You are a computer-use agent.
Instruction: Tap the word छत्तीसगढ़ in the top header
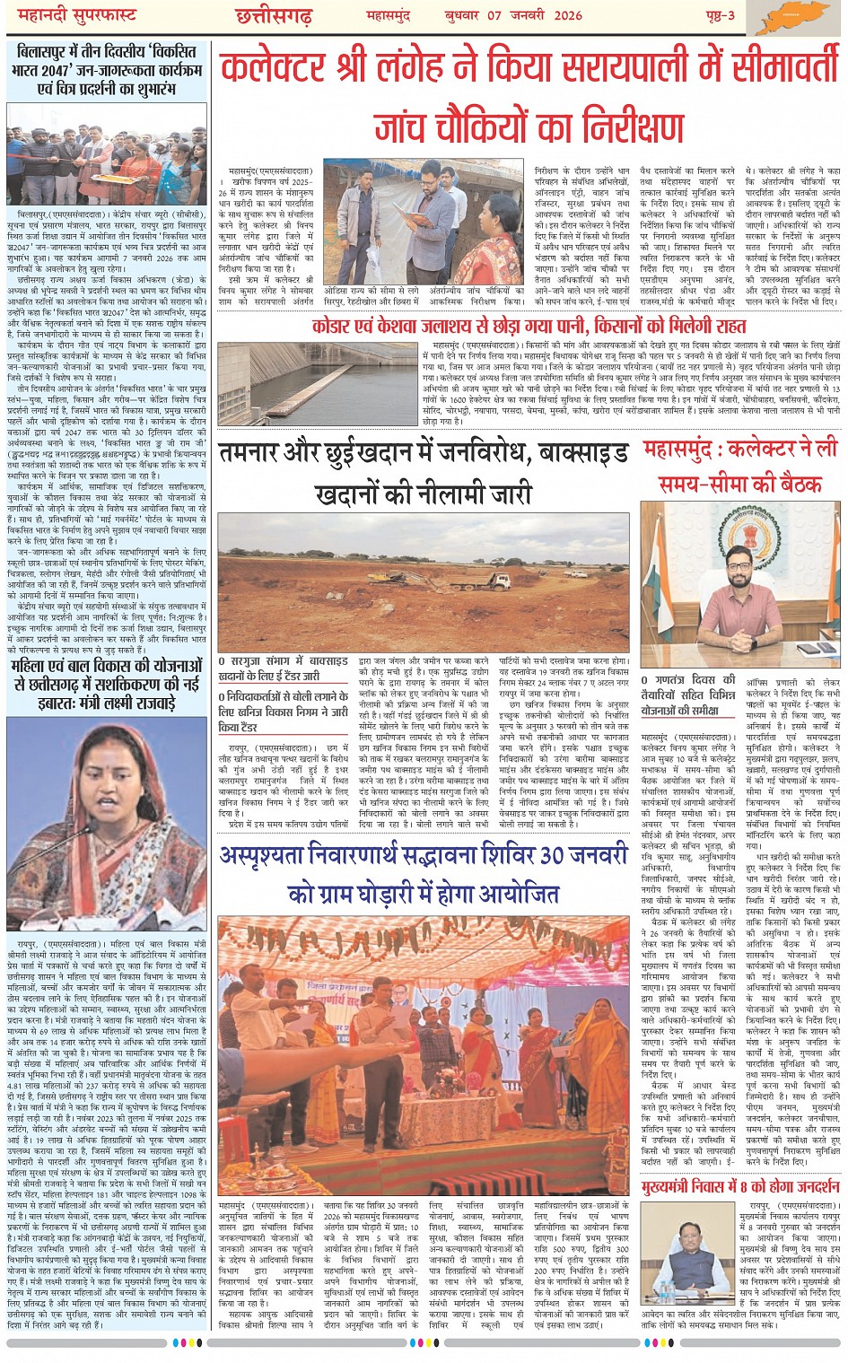(273, 16)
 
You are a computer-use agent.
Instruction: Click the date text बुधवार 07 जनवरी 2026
(513, 15)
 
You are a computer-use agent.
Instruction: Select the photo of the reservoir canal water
(318, 383)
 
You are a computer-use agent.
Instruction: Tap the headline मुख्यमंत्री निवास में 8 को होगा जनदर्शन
(741, 1186)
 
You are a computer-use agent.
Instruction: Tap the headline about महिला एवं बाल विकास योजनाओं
(106, 685)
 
